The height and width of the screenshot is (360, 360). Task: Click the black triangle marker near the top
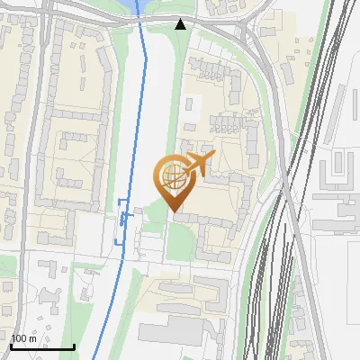[x=182, y=24]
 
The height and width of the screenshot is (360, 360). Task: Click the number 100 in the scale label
[x=20, y=339]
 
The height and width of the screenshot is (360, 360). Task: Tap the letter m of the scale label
[x=32, y=339]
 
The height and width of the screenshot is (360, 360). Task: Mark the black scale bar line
[x=42, y=347]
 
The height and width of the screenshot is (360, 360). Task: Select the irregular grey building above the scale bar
[x=47, y=292]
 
